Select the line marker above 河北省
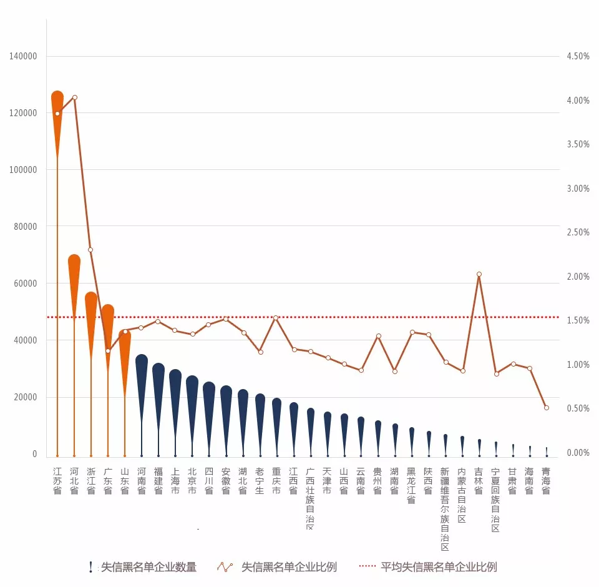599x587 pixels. tap(75, 97)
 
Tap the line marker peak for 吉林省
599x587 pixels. tap(479, 274)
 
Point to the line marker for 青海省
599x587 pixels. tap(547, 408)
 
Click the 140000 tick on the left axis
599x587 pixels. tap(24, 56)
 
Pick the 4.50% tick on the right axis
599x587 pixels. tap(578, 56)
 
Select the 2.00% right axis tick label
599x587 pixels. tap(578, 277)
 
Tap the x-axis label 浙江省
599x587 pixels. tap(91, 481)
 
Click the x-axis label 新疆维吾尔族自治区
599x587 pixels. tap(444, 509)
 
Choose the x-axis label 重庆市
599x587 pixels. tap(276, 481)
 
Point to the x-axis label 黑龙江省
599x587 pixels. tap(411, 485)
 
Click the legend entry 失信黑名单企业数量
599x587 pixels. tap(149, 567)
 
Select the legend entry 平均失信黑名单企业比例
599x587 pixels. tap(439, 567)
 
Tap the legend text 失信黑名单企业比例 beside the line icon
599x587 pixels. tap(289, 567)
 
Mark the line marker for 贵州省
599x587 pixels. tap(378, 336)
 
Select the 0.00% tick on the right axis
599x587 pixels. tap(578, 453)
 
